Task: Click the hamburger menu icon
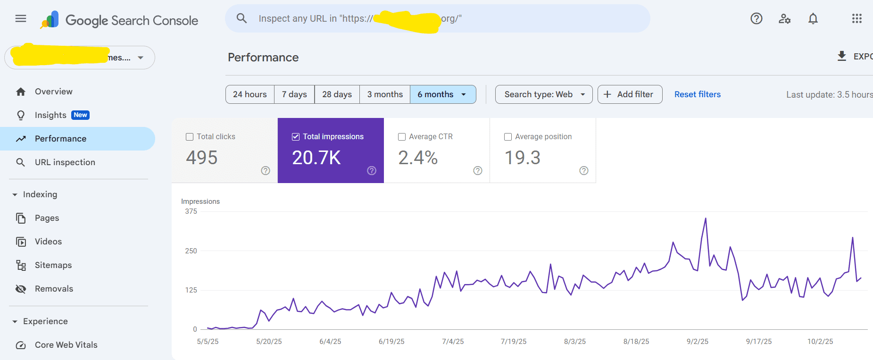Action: pos(21,19)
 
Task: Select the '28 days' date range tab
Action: pos(337,94)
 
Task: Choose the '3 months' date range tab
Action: pos(385,94)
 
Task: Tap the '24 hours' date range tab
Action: pos(249,94)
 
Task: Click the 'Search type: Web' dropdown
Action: pos(544,94)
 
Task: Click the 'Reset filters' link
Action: pos(697,94)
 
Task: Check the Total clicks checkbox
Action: pos(190,137)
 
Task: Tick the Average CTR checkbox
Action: pos(402,137)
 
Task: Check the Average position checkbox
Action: pos(508,137)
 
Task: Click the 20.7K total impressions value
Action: pos(316,158)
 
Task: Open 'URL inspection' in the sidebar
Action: pos(65,162)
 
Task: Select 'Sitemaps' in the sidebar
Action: pos(53,265)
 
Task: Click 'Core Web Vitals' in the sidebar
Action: pos(66,345)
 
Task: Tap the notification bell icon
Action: pos(813,19)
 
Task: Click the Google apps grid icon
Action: pos(856,19)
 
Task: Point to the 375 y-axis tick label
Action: pos(191,211)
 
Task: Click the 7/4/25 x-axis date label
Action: pos(453,342)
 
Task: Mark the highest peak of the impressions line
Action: pos(706,218)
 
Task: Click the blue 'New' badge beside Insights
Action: pos(80,115)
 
